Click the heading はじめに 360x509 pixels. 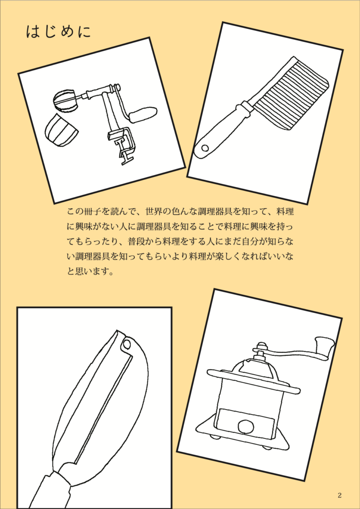58,32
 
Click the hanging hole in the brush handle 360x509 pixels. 205,148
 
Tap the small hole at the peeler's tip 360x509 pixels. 127,343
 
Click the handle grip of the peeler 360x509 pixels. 52,490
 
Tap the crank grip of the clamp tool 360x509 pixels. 144,114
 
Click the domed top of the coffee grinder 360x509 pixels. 257,368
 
